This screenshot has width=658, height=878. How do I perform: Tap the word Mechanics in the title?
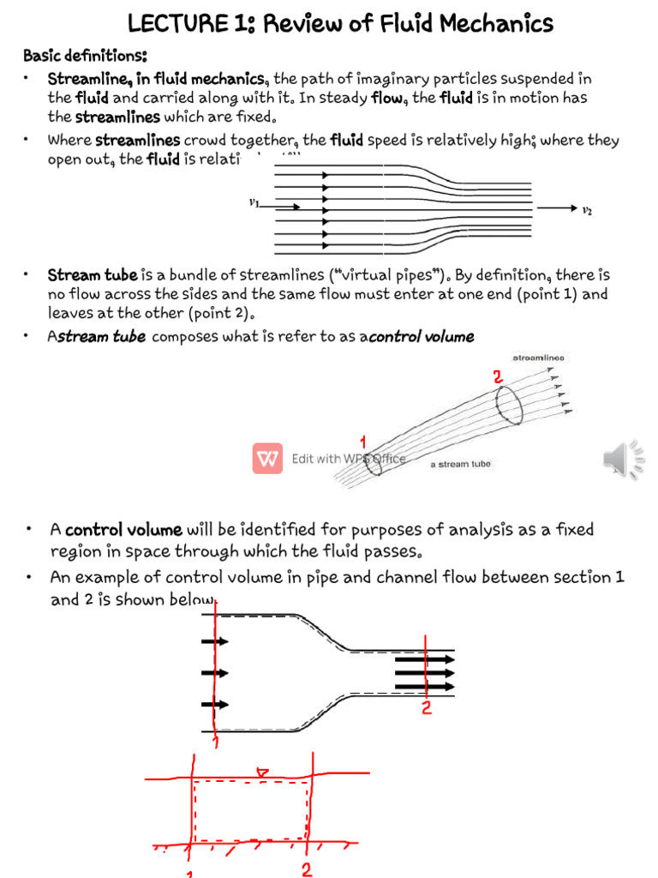coord(487,23)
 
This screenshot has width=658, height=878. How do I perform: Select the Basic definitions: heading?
coord(85,56)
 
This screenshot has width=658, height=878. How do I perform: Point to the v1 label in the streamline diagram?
coord(254,204)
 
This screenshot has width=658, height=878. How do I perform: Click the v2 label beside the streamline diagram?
coord(587,208)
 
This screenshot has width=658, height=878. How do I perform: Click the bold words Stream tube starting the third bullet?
coord(93,274)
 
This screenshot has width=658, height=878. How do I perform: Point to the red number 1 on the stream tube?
coord(363,442)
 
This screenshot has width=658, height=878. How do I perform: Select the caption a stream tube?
coord(460,464)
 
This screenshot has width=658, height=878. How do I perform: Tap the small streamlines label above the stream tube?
coord(538,358)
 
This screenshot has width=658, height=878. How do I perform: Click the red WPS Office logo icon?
coord(267,459)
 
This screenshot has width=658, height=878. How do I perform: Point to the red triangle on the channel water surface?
coord(264,774)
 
